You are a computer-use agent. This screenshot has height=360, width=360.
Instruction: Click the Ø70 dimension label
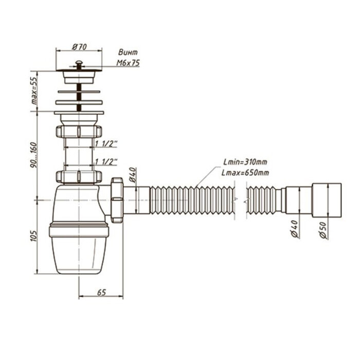point(79,47)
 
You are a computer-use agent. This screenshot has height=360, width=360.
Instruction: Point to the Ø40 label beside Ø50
point(295,227)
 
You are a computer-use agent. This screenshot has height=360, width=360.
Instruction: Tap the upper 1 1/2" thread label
point(106,143)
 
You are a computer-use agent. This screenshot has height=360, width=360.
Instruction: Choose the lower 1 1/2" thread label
point(106,163)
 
